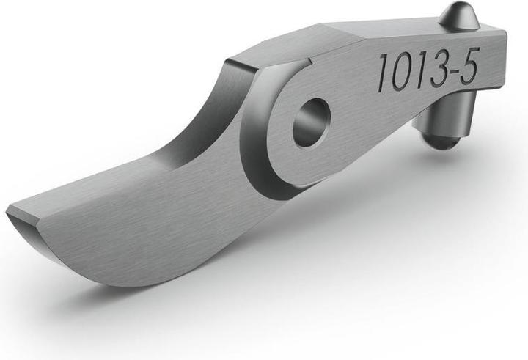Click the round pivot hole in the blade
click(x=311, y=122)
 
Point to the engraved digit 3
click(x=439, y=70)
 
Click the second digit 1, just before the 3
click(x=420, y=72)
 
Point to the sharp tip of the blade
click(x=9, y=213)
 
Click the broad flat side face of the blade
click(x=147, y=220)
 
